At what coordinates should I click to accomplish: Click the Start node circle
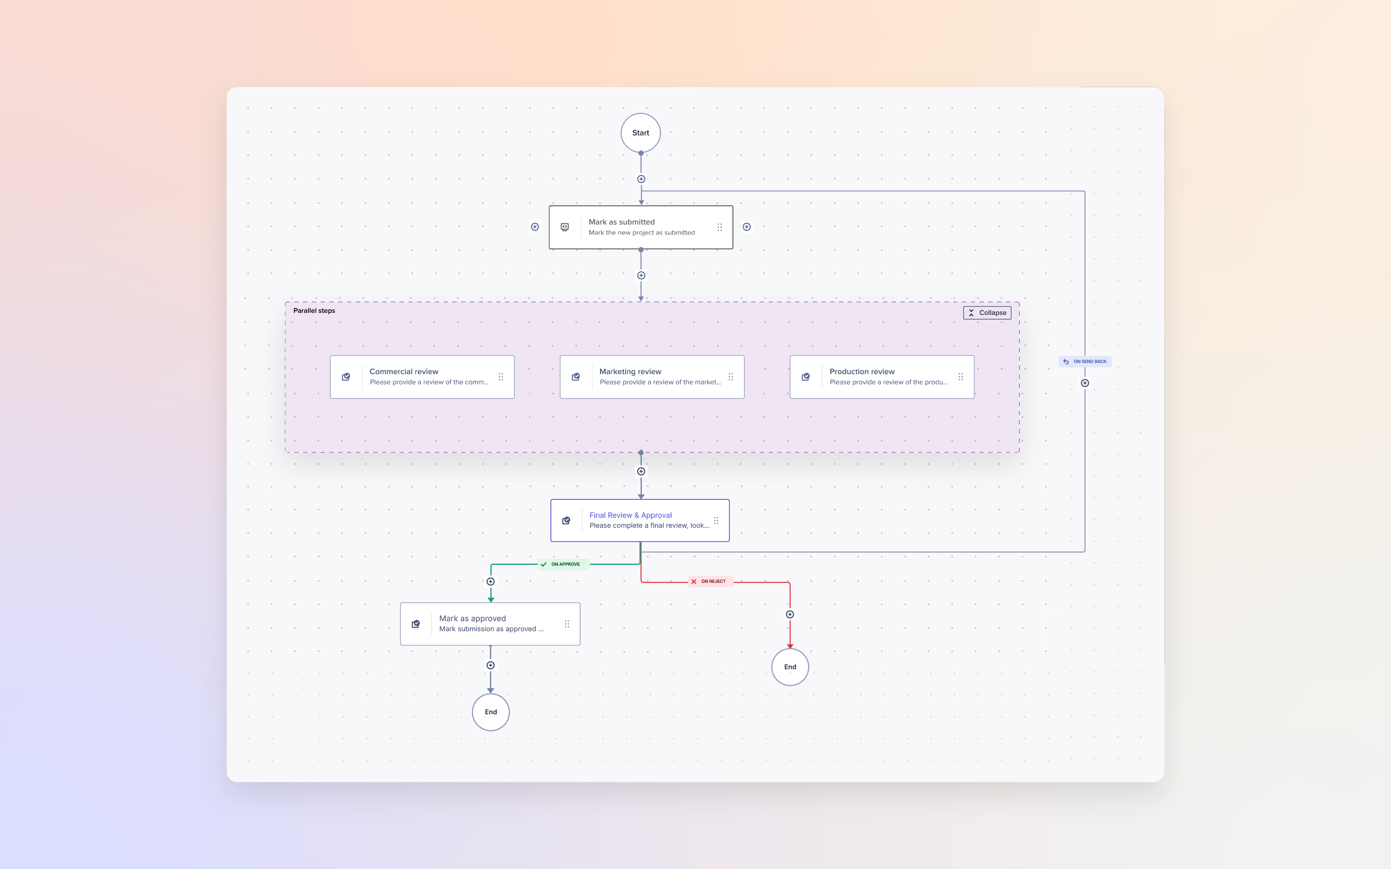[x=640, y=133]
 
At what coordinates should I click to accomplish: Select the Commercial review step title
[x=404, y=371]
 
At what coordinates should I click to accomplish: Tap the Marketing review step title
[x=630, y=371]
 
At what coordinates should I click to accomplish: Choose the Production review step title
[x=862, y=371]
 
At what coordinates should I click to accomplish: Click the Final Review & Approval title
[x=630, y=515]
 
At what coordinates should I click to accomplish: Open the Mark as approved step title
[x=472, y=618]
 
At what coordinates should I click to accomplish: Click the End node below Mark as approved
[x=490, y=712]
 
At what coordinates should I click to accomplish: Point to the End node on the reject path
[x=790, y=667]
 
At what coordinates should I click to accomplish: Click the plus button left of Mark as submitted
[x=535, y=227]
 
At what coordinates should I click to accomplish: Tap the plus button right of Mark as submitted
[x=747, y=227]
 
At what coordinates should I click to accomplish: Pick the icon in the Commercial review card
[x=346, y=377]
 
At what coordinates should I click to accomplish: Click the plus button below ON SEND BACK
[x=1085, y=383]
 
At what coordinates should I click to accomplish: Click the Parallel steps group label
[x=314, y=311]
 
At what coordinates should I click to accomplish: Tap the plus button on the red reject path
[x=790, y=615]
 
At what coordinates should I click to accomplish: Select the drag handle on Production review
[x=960, y=377]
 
